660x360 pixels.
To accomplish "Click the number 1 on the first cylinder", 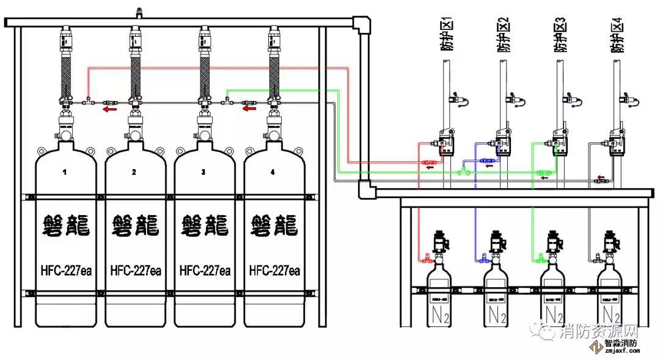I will (x=65, y=172).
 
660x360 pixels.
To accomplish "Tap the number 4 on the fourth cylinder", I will (x=273, y=172).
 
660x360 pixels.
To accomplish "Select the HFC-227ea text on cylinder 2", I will (x=135, y=270).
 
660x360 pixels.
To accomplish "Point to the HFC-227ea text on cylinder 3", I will (x=205, y=270).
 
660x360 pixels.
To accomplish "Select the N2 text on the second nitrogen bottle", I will (x=496, y=316).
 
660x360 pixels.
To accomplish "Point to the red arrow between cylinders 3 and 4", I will (x=249, y=109).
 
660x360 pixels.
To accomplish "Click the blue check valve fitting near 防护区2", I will (x=487, y=161).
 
